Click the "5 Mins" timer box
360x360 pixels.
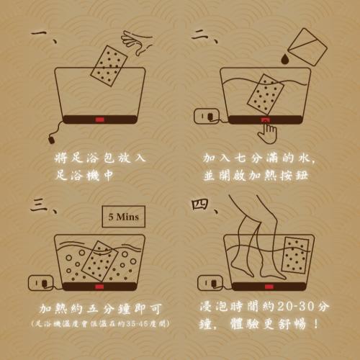pos(124,217)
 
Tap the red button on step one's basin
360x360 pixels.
pos(99,120)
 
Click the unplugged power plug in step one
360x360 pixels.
pos(51,140)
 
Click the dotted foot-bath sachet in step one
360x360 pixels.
pos(109,66)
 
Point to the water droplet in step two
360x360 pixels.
pos(285,59)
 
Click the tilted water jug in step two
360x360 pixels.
pos(307,47)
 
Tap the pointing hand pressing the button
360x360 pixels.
pos(267,131)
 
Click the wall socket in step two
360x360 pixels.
pos(207,116)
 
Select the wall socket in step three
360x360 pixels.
pos(40,283)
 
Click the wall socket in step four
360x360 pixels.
pos(210,283)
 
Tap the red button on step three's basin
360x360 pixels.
pos(99,287)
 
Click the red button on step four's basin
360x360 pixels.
pos(269,287)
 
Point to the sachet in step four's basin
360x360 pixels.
pos(295,255)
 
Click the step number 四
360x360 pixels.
pos(199,204)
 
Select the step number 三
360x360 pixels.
pos(40,204)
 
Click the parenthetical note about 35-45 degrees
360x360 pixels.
pos(100,324)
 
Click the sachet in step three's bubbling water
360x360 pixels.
pos(99,261)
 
